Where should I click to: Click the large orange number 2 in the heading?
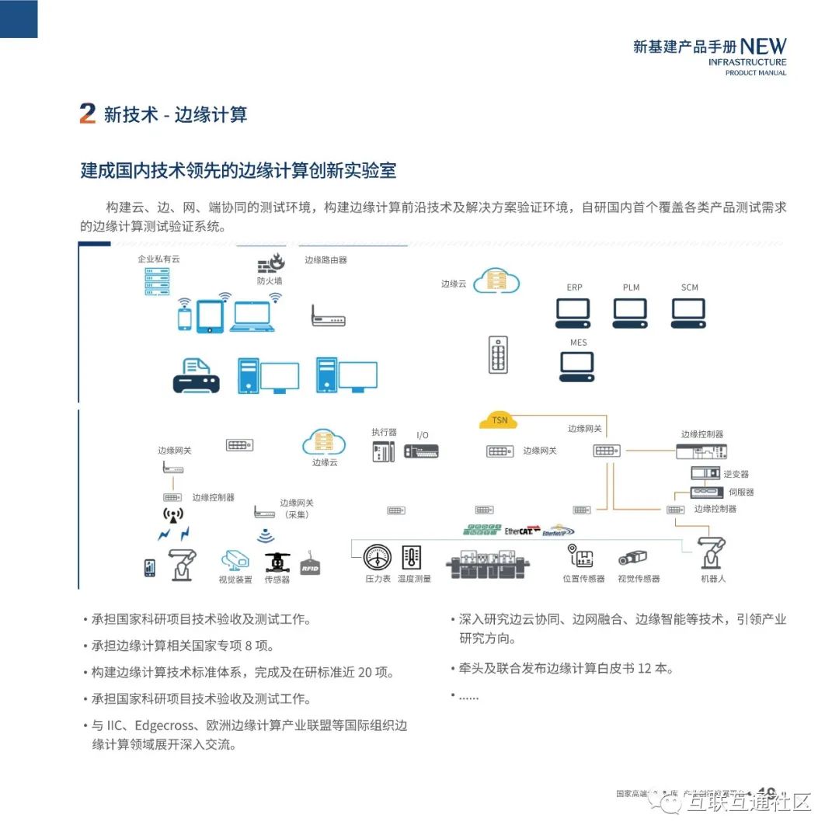click(88, 113)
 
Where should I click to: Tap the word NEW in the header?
click(763, 47)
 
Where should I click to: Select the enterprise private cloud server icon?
click(157, 281)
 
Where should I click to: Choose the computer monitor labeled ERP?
click(573, 312)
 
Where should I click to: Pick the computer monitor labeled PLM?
click(630, 312)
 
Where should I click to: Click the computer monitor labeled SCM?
click(688, 312)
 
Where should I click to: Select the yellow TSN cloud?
click(499, 420)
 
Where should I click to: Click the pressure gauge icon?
click(378, 558)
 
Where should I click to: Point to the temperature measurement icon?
click(412, 558)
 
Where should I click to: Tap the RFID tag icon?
click(311, 566)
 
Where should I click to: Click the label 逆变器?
click(736, 474)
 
